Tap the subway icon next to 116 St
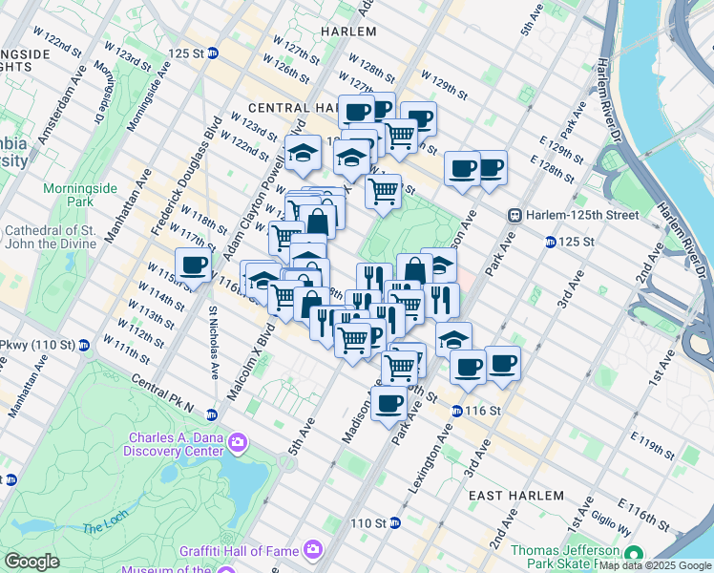[457, 410]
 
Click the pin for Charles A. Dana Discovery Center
[238, 441]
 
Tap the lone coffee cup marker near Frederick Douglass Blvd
[193, 265]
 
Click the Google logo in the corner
[31, 562]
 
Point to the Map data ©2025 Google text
[655, 565]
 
